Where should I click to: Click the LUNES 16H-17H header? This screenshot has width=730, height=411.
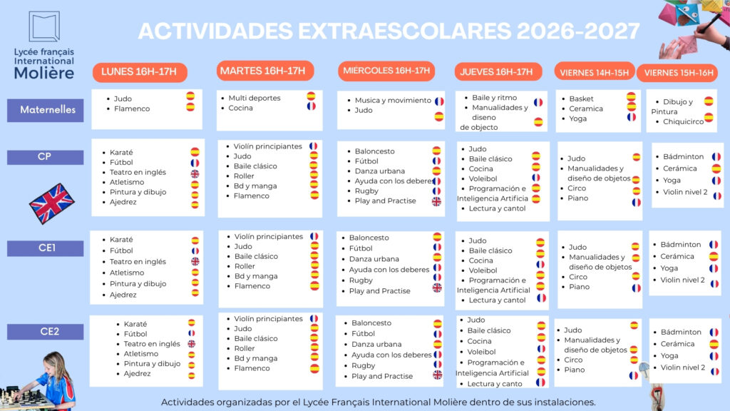pyautogui.click(x=140, y=72)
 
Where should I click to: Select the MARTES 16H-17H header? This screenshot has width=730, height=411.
pyautogui.click(x=265, y=71)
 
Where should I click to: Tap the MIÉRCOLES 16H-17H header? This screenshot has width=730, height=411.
pyautogui.click(x=386, y=71)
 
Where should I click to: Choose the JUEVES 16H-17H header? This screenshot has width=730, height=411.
pyautogui.click(x=498, y=72)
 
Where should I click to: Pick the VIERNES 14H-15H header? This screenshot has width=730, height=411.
pyautogui.click(x=595, y=72)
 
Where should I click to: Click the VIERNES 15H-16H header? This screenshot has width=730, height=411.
pyautogui.click(x=677, y=73)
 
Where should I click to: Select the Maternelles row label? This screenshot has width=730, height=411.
pyautogui.click(x=46, y=110)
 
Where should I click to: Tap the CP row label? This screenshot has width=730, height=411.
pyautogui.click(x=46, y=157)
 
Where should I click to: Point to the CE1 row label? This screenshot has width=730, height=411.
pyautogui.click(x=46, y=248)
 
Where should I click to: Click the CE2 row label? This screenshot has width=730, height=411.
pyautogui.click(x=46, y=332)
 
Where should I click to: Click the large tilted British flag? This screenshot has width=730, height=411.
pyautogui.click(x=51, y=203)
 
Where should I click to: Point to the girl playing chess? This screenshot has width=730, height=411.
pyautogui.click(x=53, y=380)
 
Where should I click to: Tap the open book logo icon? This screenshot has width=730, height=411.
pyautogui.click(x=44, y=26)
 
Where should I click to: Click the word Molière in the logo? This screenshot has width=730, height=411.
pyautogui.click(x=44, y=73)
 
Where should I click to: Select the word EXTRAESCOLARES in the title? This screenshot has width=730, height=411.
pyautogui.click(x=405, y=31)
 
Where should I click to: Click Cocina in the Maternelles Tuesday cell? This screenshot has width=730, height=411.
pyautogui.click(x=241, y=108)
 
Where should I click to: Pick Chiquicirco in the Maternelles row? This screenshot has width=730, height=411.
pyautogui.click(x=684, y=121)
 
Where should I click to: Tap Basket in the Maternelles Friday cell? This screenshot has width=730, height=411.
pyautogui.click(x=581, y=98)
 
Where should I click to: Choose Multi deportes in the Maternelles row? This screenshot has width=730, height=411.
pyautogui.click(x=255, y=98)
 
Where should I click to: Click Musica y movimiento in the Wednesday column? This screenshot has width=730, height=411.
pyautogui.click(x=393, y=100)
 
